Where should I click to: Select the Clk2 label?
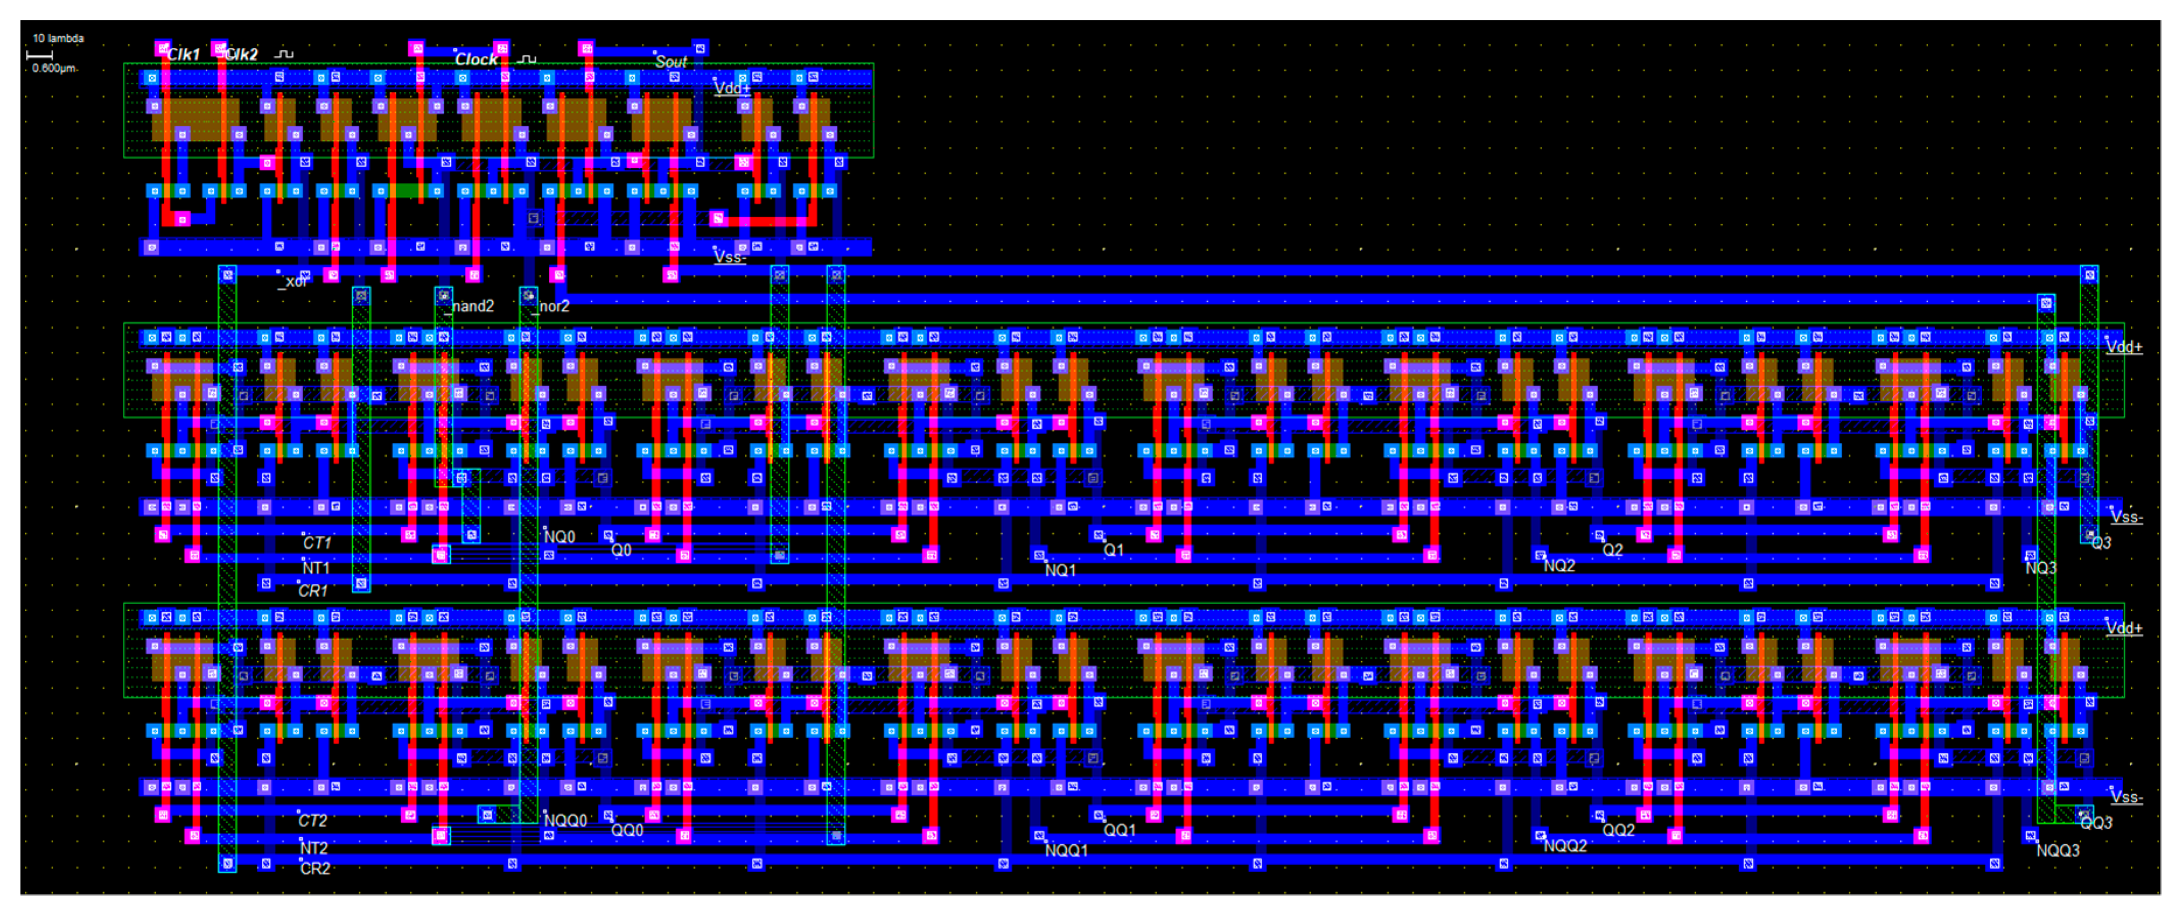(242, 54)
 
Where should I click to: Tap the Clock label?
(477, 59)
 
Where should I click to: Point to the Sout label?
(671, 62)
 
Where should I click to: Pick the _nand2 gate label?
(471, 306)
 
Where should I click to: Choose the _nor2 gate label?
(553, 306)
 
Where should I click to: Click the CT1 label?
(317, 542)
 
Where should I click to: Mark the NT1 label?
(316, 568)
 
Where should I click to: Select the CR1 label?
(313, 591)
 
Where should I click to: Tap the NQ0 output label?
(559, 537)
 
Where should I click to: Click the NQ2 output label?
(1559, 566)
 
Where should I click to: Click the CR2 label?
(315, 869)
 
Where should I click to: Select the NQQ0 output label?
(565, 821)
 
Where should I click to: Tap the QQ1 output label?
(1119, 830)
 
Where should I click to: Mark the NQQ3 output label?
(2057, 851)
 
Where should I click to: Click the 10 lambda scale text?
(58, 38)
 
